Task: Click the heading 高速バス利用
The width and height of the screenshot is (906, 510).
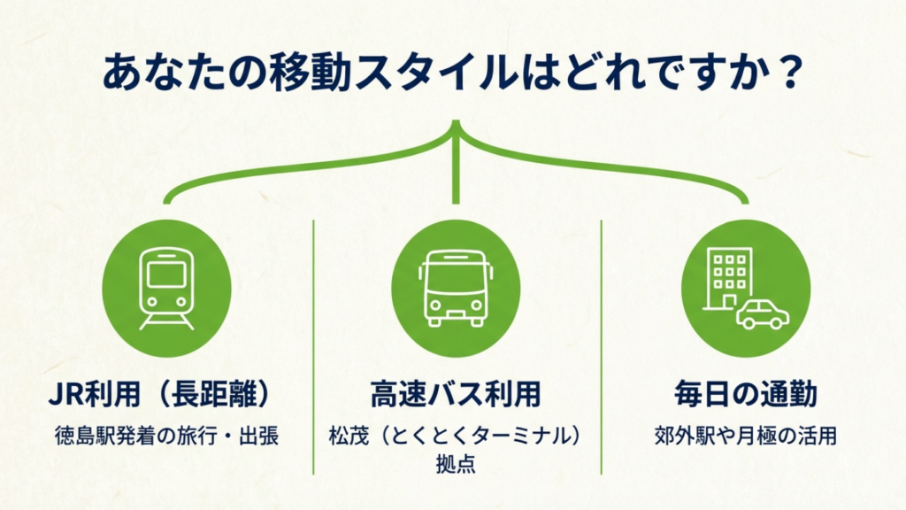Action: point(456,394)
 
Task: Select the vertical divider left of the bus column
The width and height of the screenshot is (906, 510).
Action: point(313,345)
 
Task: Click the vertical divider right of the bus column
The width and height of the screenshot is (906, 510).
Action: point(602,345)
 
